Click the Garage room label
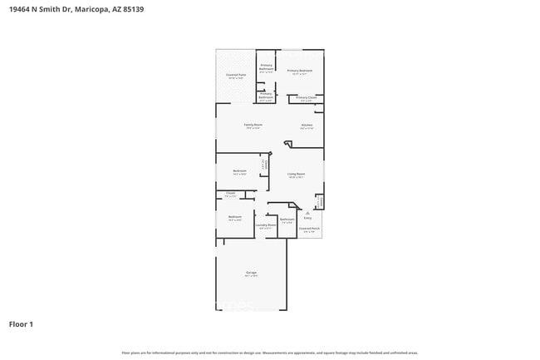[251, 272]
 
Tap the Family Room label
[253, 125]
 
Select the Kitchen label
[307, 125]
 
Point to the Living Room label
[297, 174]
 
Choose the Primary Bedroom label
[300, 71]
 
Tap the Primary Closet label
[307, 97]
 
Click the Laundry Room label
[266, 224]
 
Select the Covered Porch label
[310, 229]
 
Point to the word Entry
[307, 218]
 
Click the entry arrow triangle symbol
[307, 212]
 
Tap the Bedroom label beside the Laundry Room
[235, 217]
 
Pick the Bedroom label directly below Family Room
[240, 171]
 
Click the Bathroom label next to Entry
[287, 219]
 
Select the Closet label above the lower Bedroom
[231, 194]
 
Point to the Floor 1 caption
[22, 323]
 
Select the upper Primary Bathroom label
[267, 66]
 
